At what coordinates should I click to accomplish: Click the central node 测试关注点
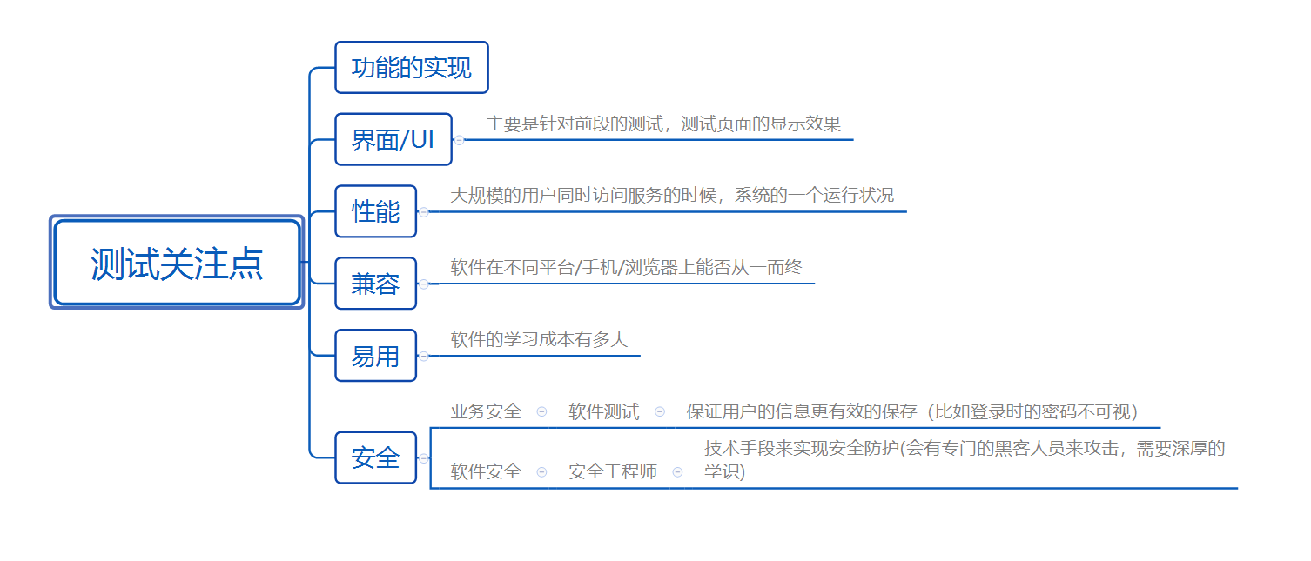click(177, 264)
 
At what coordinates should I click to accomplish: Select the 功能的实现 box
click(411, 67)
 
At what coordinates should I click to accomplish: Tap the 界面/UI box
click(393, 139)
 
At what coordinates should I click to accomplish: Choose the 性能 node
click(375, 211)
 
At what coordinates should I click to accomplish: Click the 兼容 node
click(375, 284)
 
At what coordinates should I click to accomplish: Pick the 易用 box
click(375, 356)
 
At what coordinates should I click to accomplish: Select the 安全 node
click(375, 457)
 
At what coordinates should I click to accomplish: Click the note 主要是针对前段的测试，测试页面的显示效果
click(663, 124)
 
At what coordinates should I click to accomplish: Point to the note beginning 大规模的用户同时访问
click(671, 196)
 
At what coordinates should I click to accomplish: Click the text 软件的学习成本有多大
click(539, 340)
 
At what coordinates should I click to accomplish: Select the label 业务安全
click(486, 412)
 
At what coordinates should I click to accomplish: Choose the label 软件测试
click(604, 412)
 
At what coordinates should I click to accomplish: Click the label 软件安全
click(486, 472)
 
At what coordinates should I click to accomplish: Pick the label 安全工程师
click(613, 472)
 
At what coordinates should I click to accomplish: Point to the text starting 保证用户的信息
click(911, 412)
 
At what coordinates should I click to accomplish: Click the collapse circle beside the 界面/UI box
click(459, 140)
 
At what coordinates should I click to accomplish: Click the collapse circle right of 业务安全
click(541, 412)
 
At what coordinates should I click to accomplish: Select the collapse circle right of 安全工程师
click(677, 472)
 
